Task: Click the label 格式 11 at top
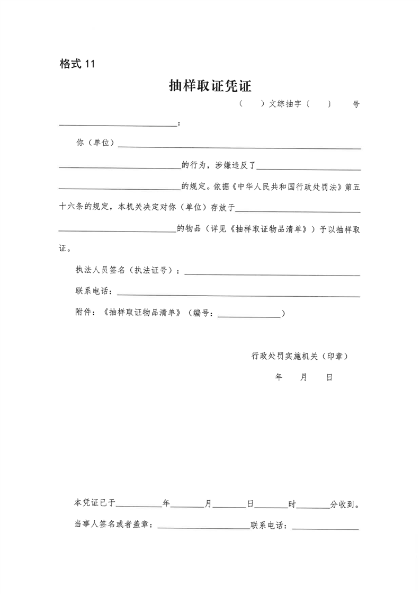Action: (x=77, y=64)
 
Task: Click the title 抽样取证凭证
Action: (x=210, y=86)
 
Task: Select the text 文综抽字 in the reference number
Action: (x=286, y=104)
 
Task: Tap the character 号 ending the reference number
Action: (x=356, y=104)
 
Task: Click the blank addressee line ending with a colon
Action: (x=118, y=125)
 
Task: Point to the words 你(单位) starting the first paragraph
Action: (x=95, y=144)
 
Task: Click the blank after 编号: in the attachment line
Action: (x=249, y=316)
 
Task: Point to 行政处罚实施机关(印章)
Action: (x=300, y=356)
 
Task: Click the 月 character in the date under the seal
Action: (x=303, y=378)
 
